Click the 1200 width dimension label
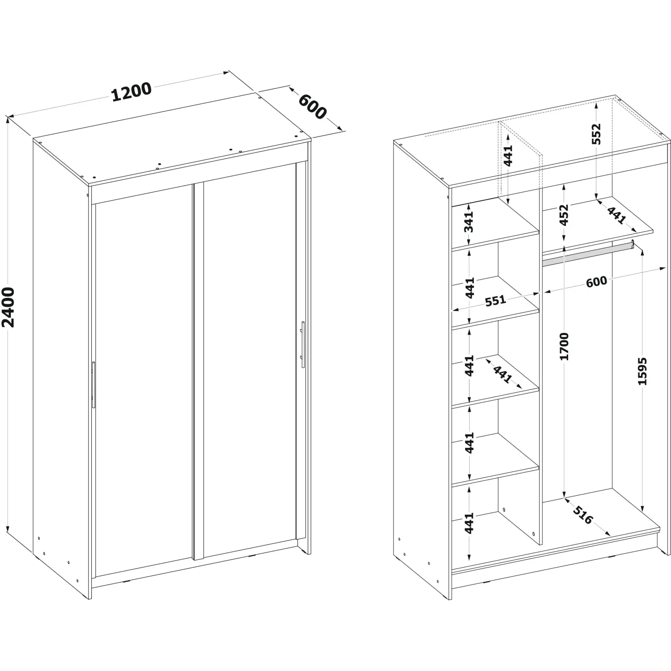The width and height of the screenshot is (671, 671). coord(131,92)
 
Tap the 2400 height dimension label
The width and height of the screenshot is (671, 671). coord(8,307)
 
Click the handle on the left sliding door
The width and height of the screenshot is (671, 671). coord(93,385)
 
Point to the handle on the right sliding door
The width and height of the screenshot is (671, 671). coord(303,344)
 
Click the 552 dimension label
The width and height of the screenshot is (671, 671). coord(596,134)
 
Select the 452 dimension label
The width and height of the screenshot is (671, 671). coord(564,215)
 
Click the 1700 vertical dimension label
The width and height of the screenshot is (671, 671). coord(564,346)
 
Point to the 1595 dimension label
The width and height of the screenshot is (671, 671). coord(642,371)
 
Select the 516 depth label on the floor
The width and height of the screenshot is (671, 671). coord(582,516)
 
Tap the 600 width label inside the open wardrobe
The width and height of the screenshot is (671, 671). coord(597,281)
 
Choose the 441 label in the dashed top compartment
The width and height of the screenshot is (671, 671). coord(508,155)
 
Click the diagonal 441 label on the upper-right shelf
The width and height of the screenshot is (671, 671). coord(616,215)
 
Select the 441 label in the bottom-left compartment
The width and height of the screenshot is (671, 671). coord(469,523)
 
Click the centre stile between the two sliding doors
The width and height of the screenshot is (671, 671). coord(198,371)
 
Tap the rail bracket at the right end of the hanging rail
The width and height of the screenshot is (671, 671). coord(633,244)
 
